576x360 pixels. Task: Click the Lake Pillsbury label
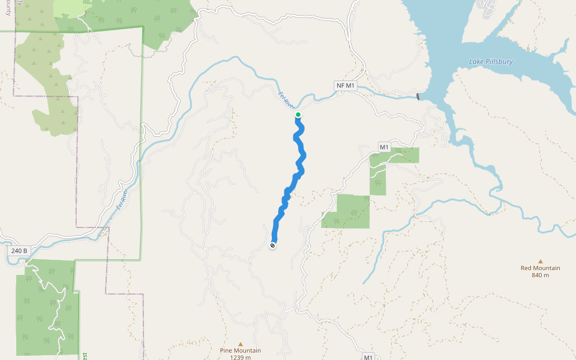coord(491,62)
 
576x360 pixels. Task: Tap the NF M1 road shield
coord(346,86)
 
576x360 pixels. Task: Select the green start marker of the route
coord(298,115)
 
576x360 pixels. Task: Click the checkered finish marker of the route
coord(272,245)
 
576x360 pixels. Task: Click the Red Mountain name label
coord(540,268)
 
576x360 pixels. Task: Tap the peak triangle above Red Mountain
coord(540,261)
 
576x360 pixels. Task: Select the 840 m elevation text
coord(540,275)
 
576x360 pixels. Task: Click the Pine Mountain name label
coord(239,350)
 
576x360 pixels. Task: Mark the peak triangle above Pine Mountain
coord(241,344)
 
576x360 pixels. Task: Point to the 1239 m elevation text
coord(239,357)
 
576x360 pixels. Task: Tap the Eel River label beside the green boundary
coord(123,199)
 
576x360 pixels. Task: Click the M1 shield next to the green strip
coord(385,147)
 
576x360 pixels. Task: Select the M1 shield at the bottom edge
coord(368,357)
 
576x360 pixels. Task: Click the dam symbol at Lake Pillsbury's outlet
coord(418,97)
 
